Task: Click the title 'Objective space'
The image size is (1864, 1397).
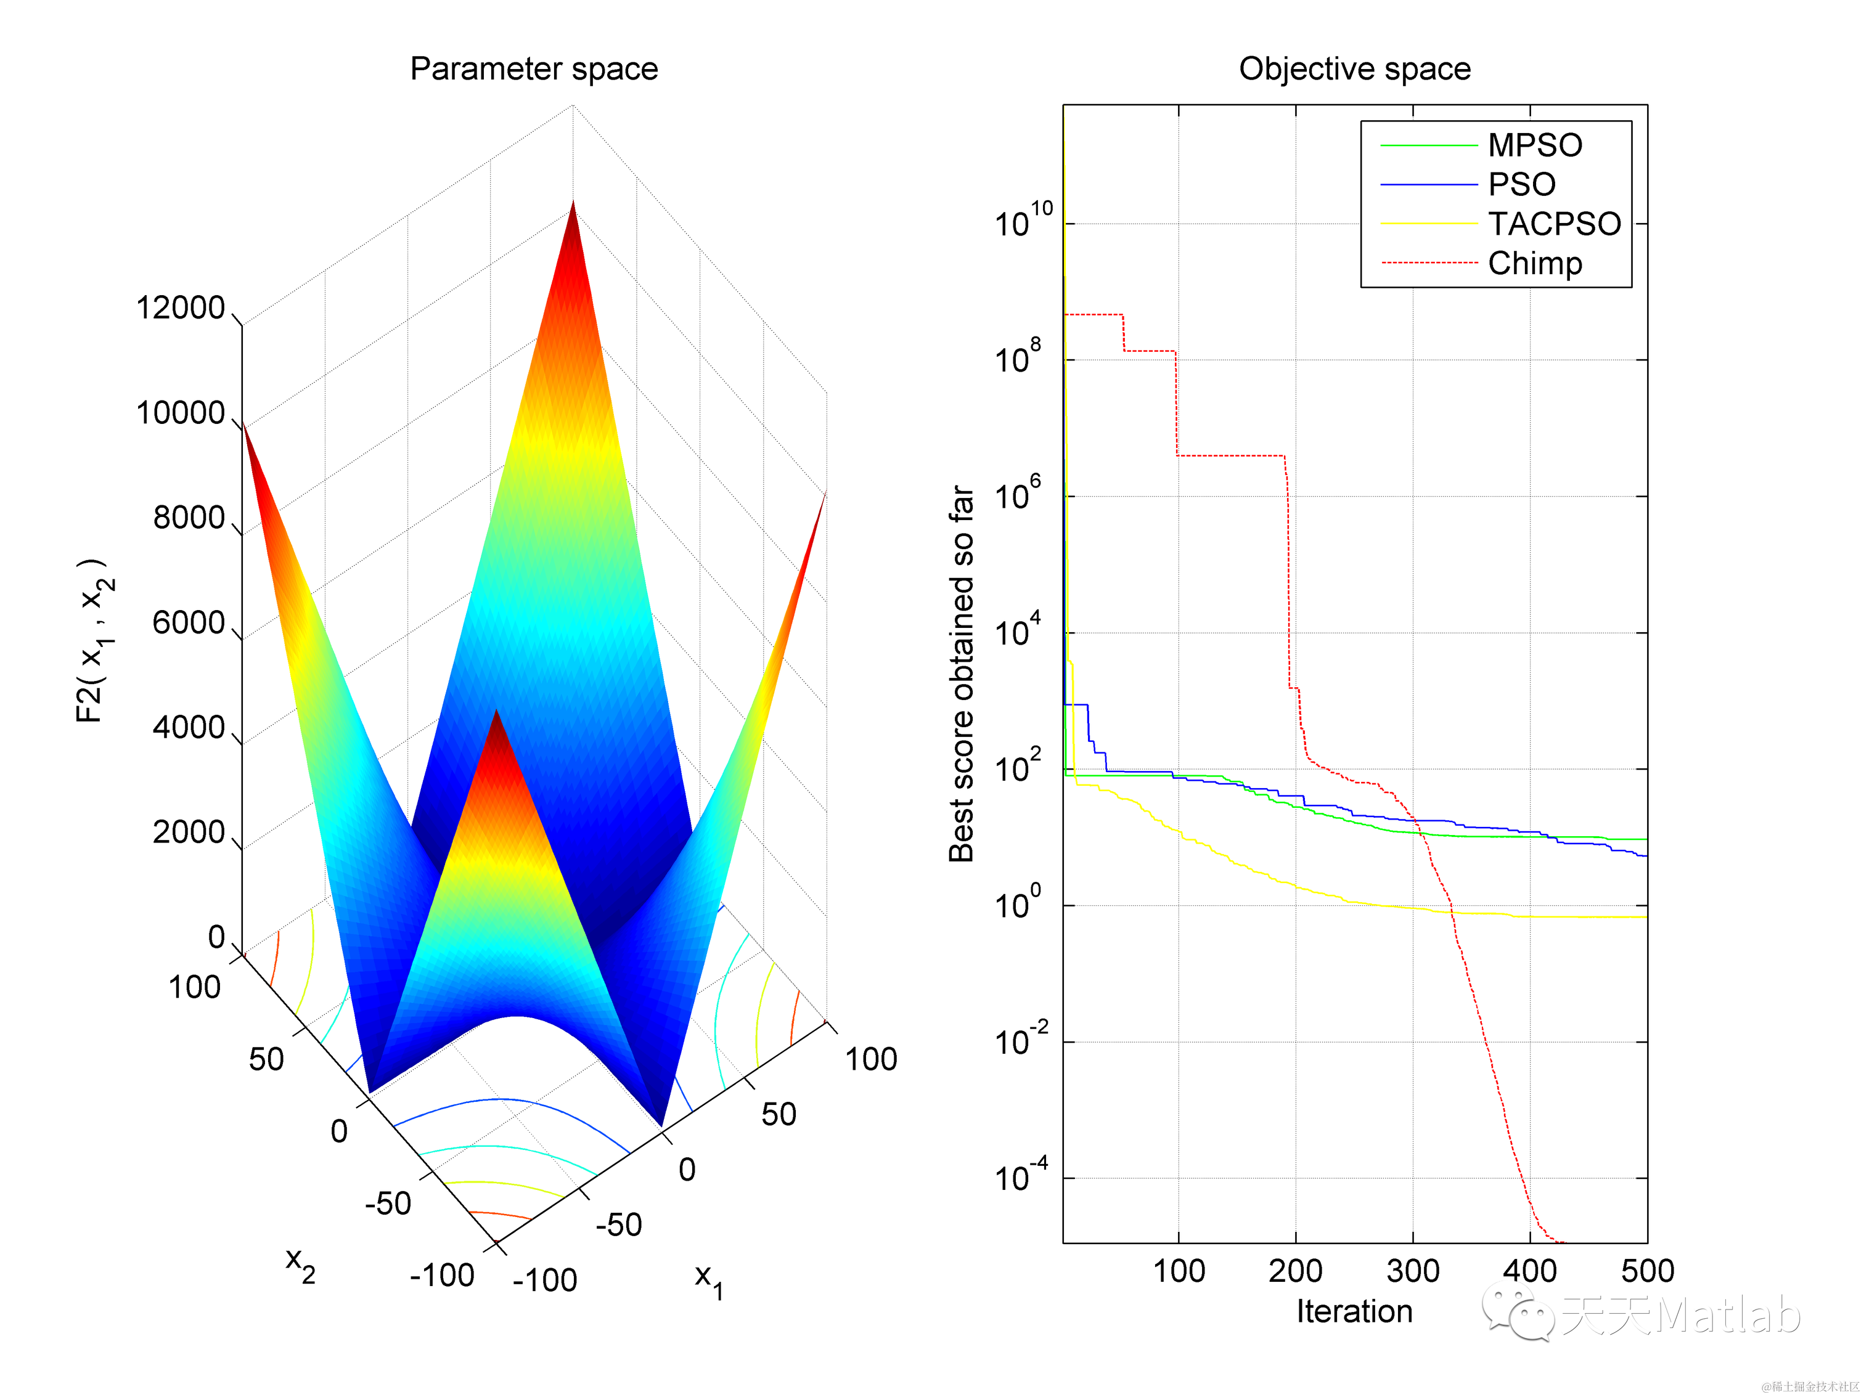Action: [1354, 69]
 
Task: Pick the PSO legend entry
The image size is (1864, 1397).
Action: [1521, 184]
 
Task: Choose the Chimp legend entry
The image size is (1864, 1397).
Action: [1534, 264]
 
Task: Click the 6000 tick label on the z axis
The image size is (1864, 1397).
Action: [189, 624]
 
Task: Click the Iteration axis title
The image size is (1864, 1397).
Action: [1354, 1311]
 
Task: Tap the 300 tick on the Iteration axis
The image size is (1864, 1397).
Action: [1412, 1271]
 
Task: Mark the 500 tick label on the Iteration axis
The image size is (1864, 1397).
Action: [1646, 1271]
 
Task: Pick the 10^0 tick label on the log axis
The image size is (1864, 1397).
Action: [1018, 903]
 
